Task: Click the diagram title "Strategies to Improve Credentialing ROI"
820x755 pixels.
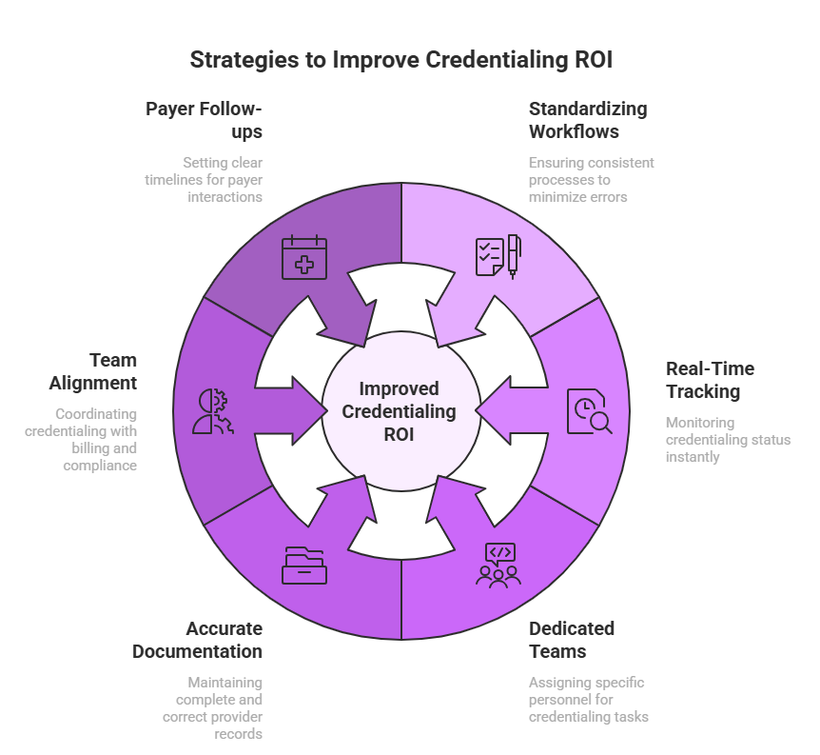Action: (400, 60)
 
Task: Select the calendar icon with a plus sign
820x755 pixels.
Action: (304, 258)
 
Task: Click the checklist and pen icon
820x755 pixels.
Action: (498, 256)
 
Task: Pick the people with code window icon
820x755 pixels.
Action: (498, 566)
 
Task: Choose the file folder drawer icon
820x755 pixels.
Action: (304, 566)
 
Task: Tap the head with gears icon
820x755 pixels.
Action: (211, 411)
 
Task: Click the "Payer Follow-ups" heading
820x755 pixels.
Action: (204, 120)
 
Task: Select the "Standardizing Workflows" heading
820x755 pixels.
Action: (587, 120)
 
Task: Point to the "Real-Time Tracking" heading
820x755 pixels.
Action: (710, 380)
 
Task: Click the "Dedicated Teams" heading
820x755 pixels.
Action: (572, 640)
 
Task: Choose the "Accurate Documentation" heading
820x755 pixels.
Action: (197, 640)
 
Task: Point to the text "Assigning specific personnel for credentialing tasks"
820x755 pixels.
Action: (589, 699)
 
